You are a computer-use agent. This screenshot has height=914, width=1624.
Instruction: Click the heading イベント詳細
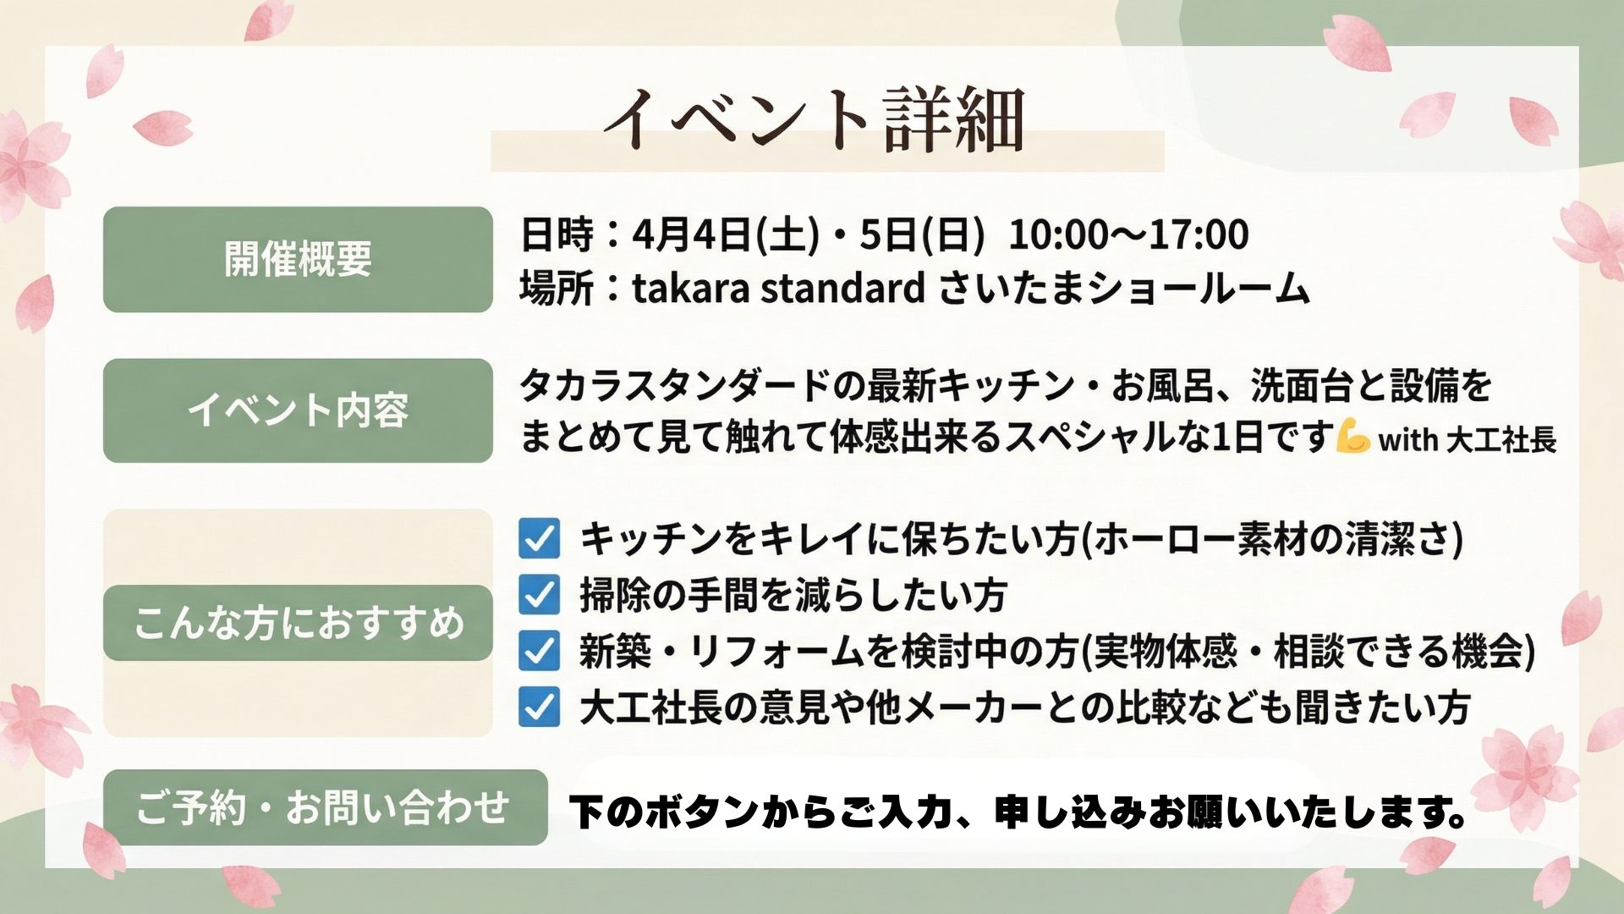coord(814,120)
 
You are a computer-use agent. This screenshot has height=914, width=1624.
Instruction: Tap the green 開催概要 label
coord(298,259)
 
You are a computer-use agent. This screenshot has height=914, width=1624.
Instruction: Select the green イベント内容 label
coord(298,410)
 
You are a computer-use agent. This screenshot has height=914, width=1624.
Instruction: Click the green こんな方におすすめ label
coord(298,623)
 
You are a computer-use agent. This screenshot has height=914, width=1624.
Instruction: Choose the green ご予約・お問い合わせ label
coord(325,807)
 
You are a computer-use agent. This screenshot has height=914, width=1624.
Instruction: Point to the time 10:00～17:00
coord(1128,234)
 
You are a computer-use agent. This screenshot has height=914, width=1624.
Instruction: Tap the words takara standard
coord(778,289)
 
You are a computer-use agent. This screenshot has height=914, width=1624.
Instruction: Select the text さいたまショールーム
coord(1123,289)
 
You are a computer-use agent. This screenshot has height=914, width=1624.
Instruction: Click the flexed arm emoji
coord(1352,438)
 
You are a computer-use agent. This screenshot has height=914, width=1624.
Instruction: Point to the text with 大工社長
coord(1467,440)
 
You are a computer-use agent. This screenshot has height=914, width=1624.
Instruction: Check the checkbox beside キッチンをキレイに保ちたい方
coord(539,538)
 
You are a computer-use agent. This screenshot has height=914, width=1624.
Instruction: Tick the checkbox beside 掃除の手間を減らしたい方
coord(539,594)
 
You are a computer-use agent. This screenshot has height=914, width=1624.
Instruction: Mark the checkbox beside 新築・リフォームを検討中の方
coord(539,651)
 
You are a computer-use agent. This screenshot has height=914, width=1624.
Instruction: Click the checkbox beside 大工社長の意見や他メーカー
coord(539,708)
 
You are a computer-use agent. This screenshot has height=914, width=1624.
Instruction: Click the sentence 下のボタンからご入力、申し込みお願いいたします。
coord(1018,812)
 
